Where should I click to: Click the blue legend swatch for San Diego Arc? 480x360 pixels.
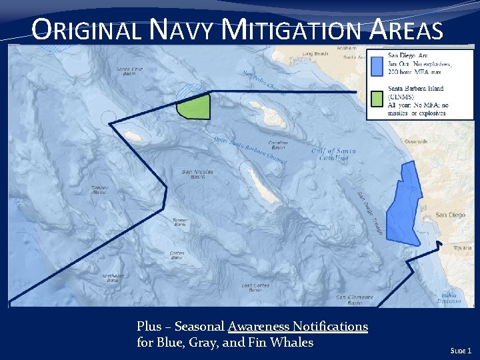[377, 65]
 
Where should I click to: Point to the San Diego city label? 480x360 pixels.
[450, 215]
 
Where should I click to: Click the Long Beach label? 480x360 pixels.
[315, 53]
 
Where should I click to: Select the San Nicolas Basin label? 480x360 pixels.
[197, 174]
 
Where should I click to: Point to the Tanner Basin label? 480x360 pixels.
[99, 189]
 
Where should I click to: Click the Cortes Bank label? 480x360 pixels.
[177, 255]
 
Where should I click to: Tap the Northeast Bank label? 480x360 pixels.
[113, 278]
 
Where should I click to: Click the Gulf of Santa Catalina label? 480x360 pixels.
[329, 155]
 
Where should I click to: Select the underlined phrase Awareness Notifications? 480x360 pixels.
[297, 327]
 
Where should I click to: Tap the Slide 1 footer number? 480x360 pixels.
[461, 350]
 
